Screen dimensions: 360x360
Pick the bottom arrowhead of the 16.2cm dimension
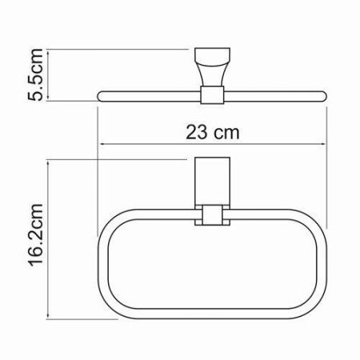coord(50,315)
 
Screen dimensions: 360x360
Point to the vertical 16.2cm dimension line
coord(50,240)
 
